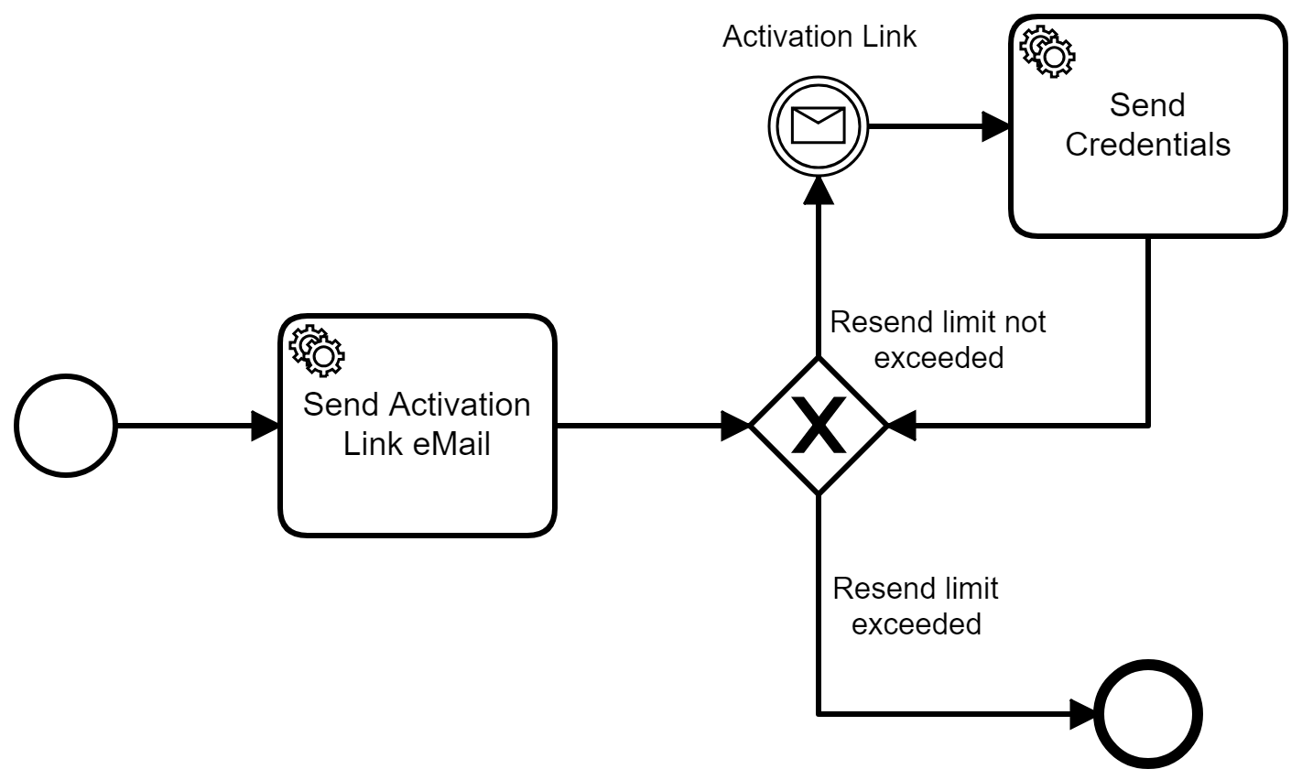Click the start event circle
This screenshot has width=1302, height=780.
[66, 427]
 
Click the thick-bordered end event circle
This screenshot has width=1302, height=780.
[1148, 714]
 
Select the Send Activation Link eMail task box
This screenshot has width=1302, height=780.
[418, 476]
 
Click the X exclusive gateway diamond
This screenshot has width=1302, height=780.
[818, 427]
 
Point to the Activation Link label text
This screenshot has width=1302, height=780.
[819, 38]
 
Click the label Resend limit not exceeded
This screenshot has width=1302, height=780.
[938, 340]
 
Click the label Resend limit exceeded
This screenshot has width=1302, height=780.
[916, 605]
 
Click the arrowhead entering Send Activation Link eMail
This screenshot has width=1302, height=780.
[266, 427]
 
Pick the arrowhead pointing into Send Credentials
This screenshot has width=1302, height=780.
[996, 126]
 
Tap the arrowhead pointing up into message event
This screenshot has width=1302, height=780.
[818, 188]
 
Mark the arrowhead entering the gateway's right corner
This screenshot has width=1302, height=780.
[902, 427]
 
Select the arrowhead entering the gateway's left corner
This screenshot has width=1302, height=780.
[735, 427]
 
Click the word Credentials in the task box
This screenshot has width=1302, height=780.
[1147, 145]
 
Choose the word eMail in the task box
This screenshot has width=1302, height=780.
[448, 444]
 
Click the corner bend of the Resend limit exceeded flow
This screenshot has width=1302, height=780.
[818, 713]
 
